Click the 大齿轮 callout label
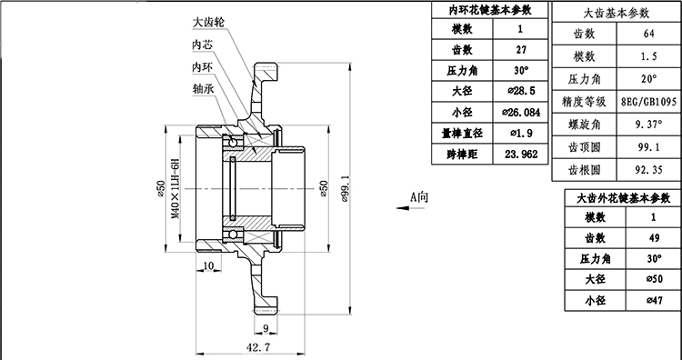pyautogui.click(x=209, y=21)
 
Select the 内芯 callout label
pyautogui.click(x=202, y=44)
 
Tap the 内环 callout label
pyautogui.click(x=202, y=66)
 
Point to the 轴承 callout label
pyautogui.click(x=202, y=89)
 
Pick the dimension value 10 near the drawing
pyautogui.click(x=208, y=265)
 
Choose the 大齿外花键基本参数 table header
pyautogui.click(x=617, y=197)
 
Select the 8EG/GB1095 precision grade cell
pyautogui.click(x=648, y=101)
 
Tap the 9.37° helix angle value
pyautogui.click(x=648, y=124)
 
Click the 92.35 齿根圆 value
pyautogui.click(x=648, y=168)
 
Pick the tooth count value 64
pyautogui.click(x=648, y=34)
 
